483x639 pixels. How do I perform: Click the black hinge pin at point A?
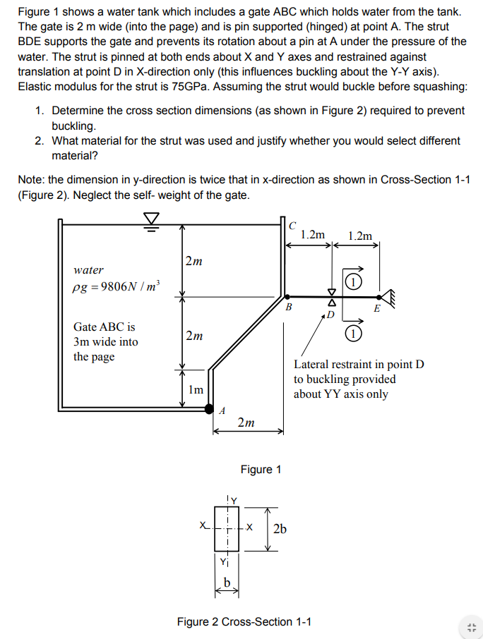209,408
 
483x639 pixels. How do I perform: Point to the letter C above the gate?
292,225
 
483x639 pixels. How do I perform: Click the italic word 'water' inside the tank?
88,269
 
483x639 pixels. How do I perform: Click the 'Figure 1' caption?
261,469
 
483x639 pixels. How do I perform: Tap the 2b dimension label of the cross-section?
280,529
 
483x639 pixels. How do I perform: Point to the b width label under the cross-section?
227,580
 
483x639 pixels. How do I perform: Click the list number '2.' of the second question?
40,141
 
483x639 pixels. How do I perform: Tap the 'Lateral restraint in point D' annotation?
359,365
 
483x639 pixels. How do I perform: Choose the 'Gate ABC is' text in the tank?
104,327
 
